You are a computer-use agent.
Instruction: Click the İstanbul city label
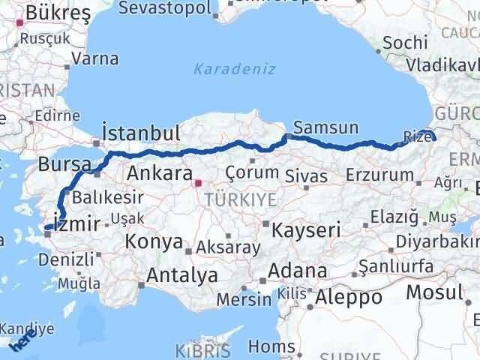(x=140, y=133)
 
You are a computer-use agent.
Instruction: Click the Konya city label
(x=154, y=241)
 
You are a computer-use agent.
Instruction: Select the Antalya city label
(x=182, y=275)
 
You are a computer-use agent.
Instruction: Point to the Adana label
(x=299, y=271)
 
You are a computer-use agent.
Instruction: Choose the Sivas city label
(x=305, y=175)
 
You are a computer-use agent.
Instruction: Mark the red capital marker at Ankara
(x=198, y=182)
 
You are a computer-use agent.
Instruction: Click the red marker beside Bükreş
(x=20, y=22)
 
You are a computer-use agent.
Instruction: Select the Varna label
(x=101, y=58)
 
